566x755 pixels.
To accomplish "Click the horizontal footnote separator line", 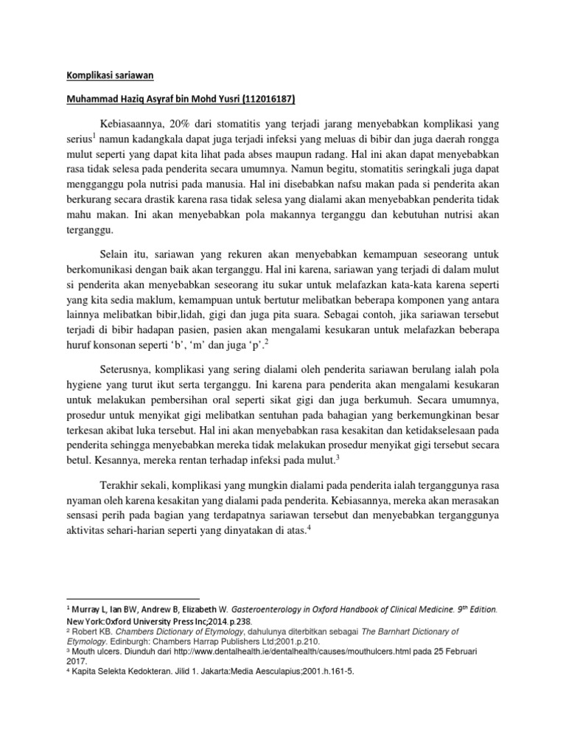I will [133, 599].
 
